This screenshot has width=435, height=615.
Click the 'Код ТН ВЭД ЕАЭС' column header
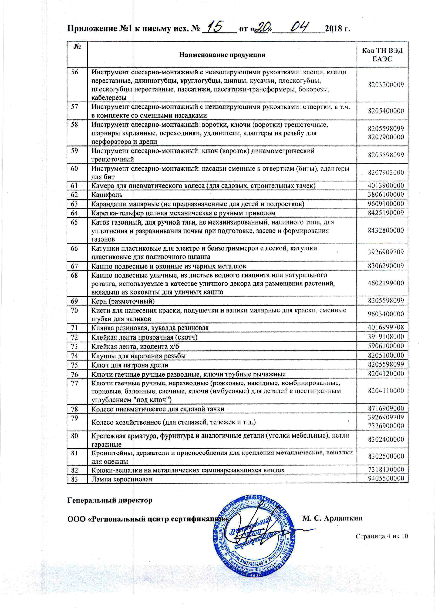(382, 55)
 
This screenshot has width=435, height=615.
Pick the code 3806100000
(386, 194)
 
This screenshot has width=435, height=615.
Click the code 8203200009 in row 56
(386, 85)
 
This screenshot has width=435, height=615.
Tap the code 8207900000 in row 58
(386, 137)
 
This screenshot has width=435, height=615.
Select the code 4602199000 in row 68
(386, 283)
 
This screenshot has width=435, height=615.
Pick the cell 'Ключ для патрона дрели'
(130, 365)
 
